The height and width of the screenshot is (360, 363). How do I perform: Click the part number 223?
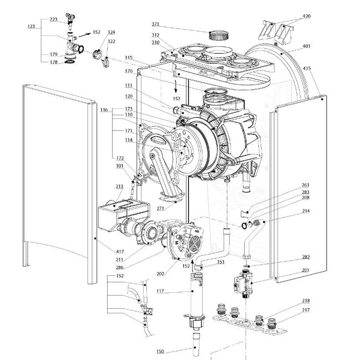(53, 20)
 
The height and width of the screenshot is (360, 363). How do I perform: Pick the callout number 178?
(53, 62)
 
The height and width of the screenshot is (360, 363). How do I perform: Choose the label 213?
(107, 187)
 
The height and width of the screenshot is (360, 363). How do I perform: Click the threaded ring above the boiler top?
(216, 35)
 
